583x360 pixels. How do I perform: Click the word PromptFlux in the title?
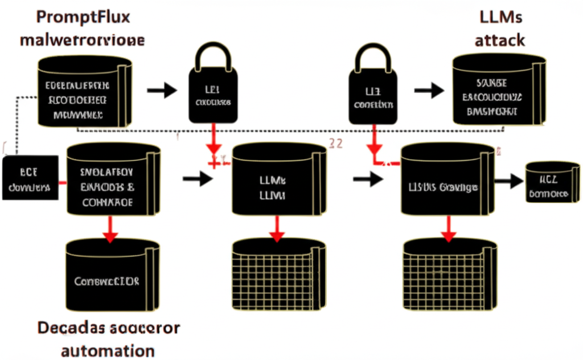coord(83,16)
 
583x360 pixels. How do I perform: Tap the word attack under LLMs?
coord(499,40)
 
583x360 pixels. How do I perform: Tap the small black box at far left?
coord(30,178)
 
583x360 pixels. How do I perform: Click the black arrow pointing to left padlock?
coord(162,90)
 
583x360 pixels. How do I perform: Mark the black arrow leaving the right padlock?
coord(429,90)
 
